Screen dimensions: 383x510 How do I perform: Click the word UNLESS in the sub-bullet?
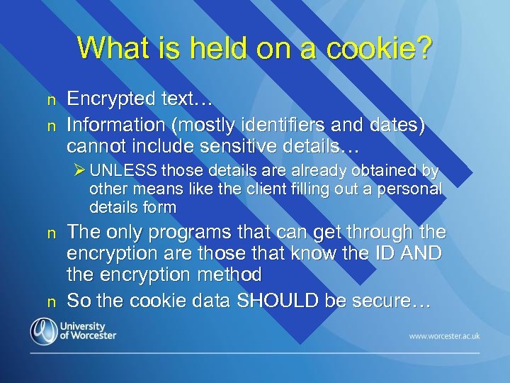point(123,171)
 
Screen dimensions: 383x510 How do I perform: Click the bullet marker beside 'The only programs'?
point(50,234)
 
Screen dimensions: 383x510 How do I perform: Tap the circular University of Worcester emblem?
point(44,331)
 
